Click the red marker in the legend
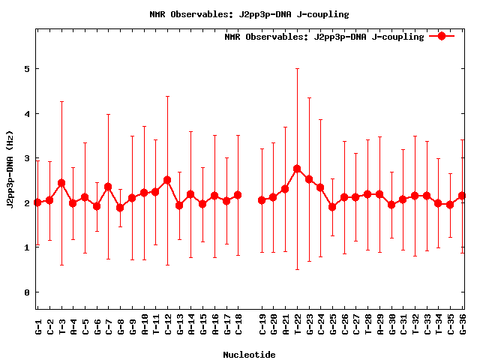tap(442, 36)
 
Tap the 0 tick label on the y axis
tap(26, 292)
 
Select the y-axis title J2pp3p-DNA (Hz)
tap(10, 169)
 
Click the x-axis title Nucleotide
tap(249, 354)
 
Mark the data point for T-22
tap(297, 169)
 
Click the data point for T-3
tap(61, 183)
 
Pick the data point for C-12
tap(167, 180)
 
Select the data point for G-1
tap(37, 202)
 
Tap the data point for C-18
tap(238, 195)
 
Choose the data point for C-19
tap(262, 200)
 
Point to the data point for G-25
tap(332, 207)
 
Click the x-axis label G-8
tap(121, 327)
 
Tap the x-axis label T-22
tap(298, 327)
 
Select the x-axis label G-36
tap(463, 327)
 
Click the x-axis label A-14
tap(191, 327)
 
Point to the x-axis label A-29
tap(380, 327)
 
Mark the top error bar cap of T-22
tap(297, 68)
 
